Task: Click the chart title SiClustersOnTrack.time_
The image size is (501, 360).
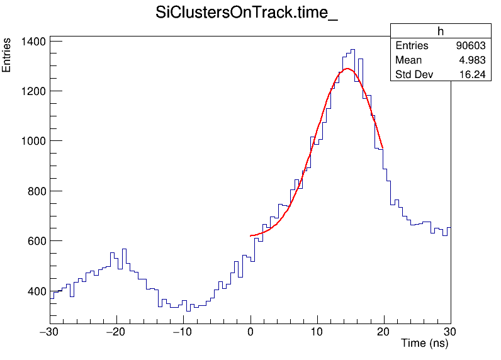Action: [247, 13]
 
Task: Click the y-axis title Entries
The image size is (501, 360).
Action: [7, 55]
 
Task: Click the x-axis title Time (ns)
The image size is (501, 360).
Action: [425, 344]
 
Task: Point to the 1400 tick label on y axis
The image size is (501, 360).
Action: [31, 42]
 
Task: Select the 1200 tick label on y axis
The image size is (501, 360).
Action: [31, 91]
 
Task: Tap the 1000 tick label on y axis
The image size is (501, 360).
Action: [31, 141]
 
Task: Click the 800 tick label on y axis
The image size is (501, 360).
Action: [34, 191]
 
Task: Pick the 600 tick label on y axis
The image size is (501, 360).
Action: [34, 241]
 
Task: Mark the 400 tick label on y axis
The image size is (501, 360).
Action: [34, 291]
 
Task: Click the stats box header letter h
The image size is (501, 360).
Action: [441, 31]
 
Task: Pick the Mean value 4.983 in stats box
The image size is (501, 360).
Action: [473, 60]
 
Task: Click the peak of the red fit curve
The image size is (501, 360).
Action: [347, 69]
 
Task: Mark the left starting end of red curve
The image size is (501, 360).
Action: [251, 235]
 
